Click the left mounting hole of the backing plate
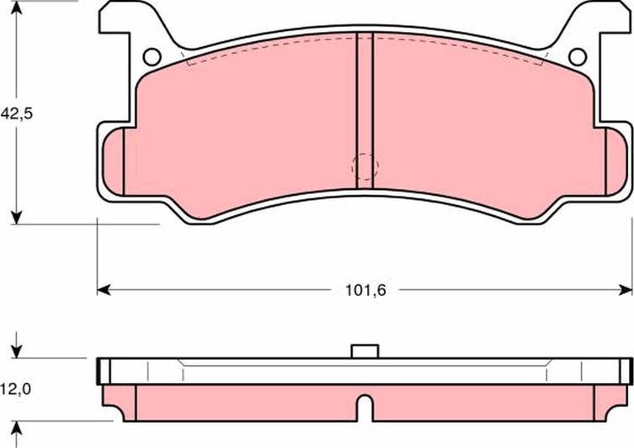point(152,56)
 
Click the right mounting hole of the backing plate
point(577,56)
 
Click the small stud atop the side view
point(364,350)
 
